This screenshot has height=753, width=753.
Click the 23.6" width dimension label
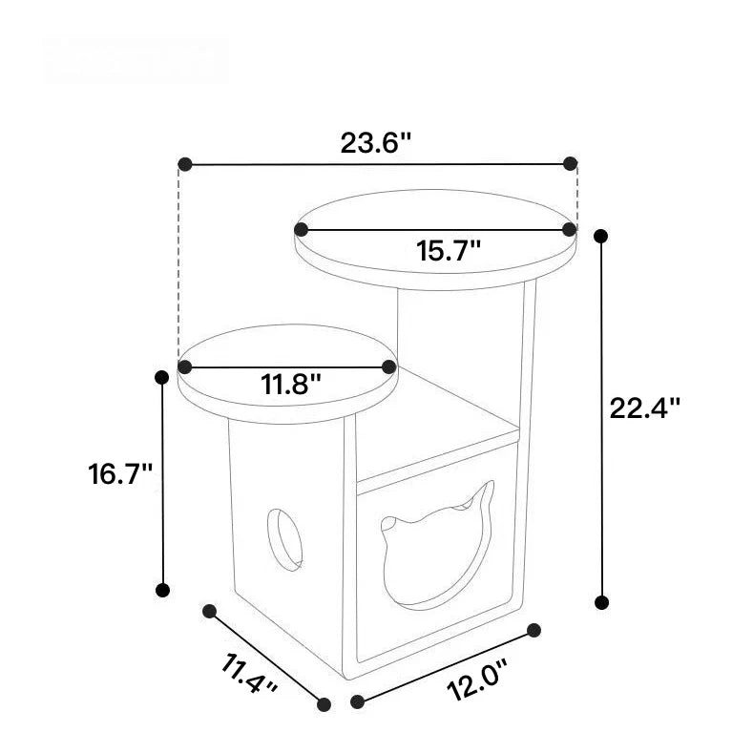(376, 143)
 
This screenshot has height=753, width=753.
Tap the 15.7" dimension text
(448, 252)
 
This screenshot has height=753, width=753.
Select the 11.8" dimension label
(290, 386)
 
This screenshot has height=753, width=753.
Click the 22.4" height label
(645, 408)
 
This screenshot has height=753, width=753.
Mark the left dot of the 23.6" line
(185, 164)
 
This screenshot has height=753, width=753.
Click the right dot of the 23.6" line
(571, 163)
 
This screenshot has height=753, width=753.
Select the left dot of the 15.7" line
(302, 229)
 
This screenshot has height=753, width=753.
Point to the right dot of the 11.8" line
(388, 366)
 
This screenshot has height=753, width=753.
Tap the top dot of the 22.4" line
(601, 234)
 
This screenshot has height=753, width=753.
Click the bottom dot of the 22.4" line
(601, 602)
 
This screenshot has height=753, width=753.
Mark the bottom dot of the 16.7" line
(162, 590)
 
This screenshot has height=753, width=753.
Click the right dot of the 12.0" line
(534, 630)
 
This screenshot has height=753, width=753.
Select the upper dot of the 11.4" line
(209, 608)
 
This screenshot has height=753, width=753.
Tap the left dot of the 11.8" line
(186, 366)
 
